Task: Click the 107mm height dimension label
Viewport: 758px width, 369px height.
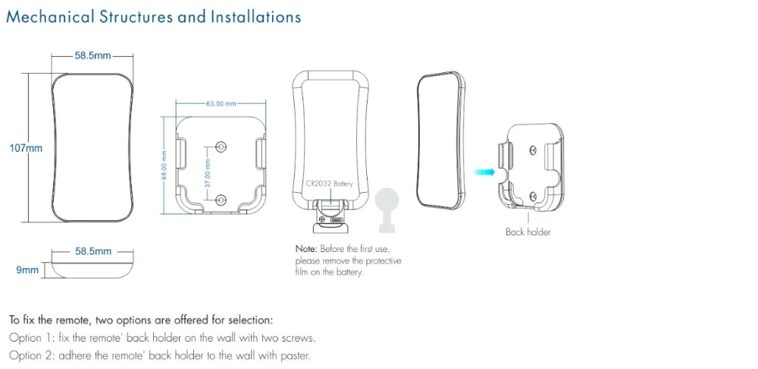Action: point(26,148)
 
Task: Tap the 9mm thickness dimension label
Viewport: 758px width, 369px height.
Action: point(27,270)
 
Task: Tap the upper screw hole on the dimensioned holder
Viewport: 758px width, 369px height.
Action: point(221,145)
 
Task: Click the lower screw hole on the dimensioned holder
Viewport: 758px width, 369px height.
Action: point(221,200)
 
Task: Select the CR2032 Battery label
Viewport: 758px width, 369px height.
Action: point(330,184)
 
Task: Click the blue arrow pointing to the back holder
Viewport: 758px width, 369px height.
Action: point(484,172)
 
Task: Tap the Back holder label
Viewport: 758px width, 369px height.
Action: point(528,232)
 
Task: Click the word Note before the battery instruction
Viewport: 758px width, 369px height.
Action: point(305,249)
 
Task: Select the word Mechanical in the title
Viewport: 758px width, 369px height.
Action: point(51,17)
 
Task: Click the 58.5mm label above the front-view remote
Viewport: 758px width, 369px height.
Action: point(92,55)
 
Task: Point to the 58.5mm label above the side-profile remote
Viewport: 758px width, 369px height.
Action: point(93,251)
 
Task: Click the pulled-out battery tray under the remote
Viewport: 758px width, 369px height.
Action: point(329,217)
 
